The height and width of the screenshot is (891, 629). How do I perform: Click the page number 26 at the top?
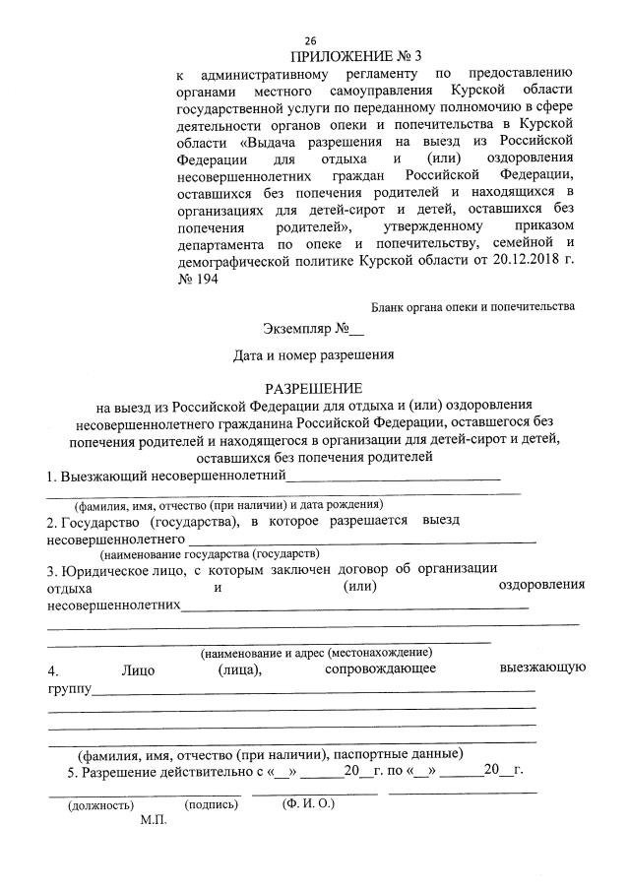point(310,40)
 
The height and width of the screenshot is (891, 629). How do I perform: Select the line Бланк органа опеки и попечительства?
point(472,307)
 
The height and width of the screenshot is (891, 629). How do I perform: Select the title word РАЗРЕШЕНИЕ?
point(312,387)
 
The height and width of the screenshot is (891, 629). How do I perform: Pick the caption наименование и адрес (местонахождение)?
point(317,653)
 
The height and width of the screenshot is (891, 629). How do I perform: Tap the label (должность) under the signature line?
point(100,804)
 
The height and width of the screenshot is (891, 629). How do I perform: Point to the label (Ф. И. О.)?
point(308,803)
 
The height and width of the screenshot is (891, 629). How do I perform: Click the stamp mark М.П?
point(155,820)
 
